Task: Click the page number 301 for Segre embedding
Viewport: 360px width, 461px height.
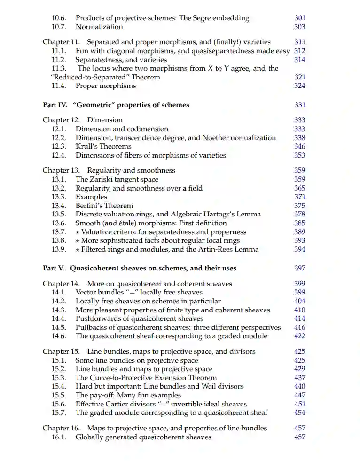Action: [299, 18]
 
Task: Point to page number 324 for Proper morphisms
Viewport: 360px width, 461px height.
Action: [299, 86]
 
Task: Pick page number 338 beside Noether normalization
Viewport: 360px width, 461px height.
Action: [299, 138]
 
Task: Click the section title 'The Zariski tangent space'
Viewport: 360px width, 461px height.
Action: [117, 179]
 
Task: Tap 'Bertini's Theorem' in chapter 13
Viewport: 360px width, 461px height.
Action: [104, 206]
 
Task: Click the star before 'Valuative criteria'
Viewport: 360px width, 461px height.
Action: [78, 232]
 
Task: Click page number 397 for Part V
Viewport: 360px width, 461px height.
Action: [299, 268]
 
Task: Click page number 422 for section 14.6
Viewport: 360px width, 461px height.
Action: [299, 336]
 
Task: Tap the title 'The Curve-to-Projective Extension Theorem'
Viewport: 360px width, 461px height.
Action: [146, 378]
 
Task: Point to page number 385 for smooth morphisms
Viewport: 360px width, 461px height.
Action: [299, 223]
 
